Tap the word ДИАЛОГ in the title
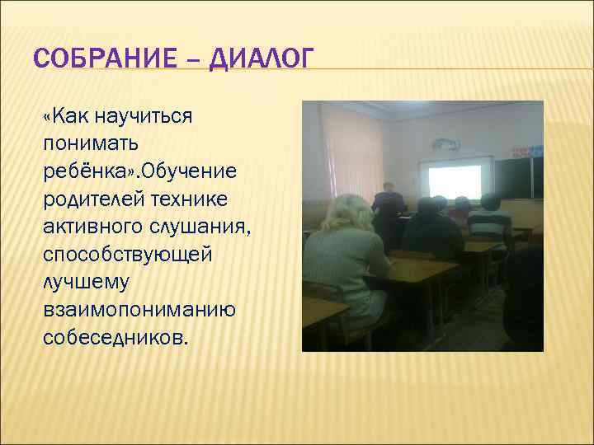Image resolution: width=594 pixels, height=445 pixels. pyautogui.click(x=262, y=59)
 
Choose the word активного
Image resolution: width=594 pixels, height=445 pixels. pyautogui.click(x=96, y=227)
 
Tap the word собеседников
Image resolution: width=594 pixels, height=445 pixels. pyautogui.click(x=115, y=338)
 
